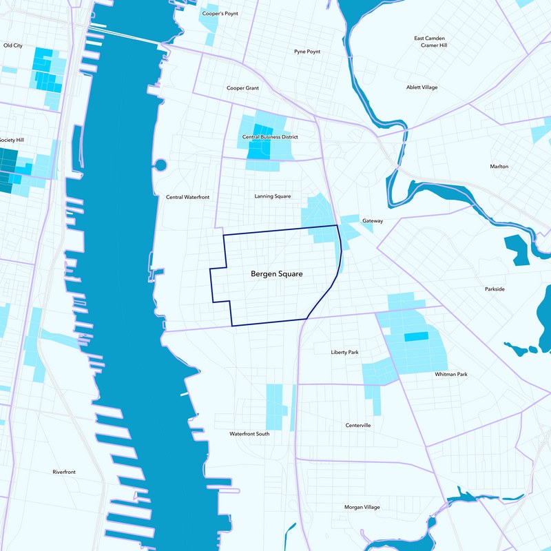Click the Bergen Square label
[x=277, y=274]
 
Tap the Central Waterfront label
[x=187, y=197]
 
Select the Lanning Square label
[x=273, y=196]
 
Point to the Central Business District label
[x=270, y=137]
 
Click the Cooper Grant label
[x=242, y=88]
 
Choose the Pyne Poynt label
[x=307, y=52]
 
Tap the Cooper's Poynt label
[x=220, y=13]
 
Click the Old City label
[x=13, y=45]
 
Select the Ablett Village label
[x=422, y=87]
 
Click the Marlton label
[x=499, y=167]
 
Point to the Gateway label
[x=372, y=221]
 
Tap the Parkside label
[x=495, y=289]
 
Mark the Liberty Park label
[x=344, y=352]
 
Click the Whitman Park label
[x=451, y=374]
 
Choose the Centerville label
[x=358, y=426]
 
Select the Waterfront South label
[x=249, y=434]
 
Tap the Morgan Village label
[x=362, y=507]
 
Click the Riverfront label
[x=64, y=472]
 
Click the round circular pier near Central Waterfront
[x=160, y=165]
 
